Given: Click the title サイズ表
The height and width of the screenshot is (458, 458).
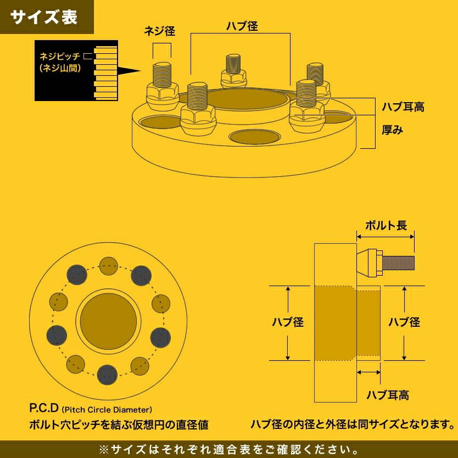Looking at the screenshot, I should pyautogui.click(x=44, y=17).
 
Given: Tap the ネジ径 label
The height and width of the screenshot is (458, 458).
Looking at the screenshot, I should pyautogui.click(x=160, y=31).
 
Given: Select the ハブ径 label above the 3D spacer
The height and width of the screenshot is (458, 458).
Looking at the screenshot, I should pyautogui.click(x=242, y=26).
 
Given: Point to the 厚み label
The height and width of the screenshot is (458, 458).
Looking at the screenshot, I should pyautogui.click(x=393, y=131).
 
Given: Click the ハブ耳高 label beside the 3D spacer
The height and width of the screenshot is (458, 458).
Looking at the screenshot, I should pyautogui.click(x=403, y=107).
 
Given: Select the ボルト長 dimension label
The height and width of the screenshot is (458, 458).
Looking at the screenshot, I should pyautogui.click(x=386, y=225).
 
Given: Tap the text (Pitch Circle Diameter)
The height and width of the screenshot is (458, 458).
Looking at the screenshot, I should pyautogui.click(x=107, y=410).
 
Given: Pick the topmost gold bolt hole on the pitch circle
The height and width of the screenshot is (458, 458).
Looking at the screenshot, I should pyautogui.click(x=108, y=266).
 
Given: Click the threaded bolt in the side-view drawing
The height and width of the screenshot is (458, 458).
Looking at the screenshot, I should pyautogui.click(x=398, y=264).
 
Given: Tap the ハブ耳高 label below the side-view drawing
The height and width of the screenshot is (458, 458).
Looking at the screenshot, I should pyautogui.click(x=388, y=395).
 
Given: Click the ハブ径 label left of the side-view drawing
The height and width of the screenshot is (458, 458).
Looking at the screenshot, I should pyautogui.click(x=288, y=322).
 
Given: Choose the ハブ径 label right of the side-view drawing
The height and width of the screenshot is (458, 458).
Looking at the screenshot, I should pyautogui.click(x=404, y=322).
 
